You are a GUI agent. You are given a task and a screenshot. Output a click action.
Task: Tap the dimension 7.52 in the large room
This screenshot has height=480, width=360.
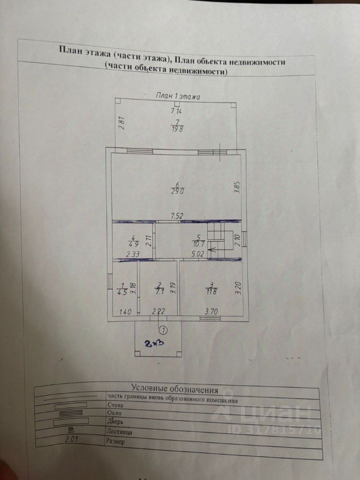click(177, 216)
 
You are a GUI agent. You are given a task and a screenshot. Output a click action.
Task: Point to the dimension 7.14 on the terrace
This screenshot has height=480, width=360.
click(176, 111)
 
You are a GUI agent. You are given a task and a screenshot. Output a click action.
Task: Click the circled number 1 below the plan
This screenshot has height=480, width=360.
click(162, 329)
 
